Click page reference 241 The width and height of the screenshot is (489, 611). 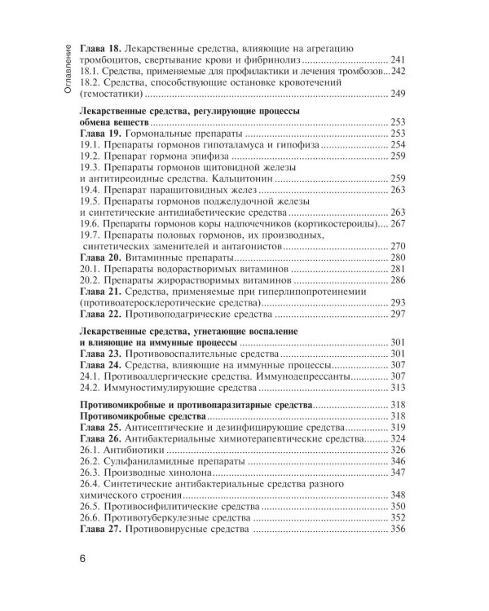(397, 60)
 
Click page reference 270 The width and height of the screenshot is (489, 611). (397, 246)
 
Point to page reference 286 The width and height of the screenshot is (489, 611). (397, 280)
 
